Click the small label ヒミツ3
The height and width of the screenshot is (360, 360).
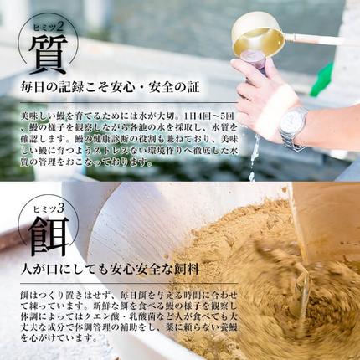pyautogui.click(x=47, y=206)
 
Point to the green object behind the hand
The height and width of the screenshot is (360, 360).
pyautogui.click(x=322, y=80)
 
